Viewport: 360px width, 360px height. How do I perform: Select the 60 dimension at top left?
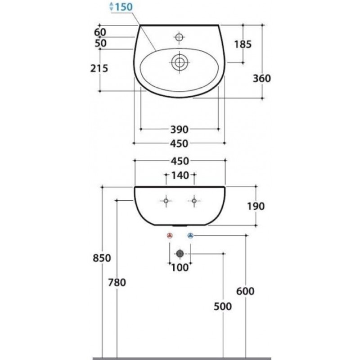[x=100, y=32]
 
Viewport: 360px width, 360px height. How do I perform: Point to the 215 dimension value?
[x=99, y=68]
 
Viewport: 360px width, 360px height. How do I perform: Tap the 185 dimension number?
[x=243, y=44]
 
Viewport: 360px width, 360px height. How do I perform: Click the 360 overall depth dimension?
[x=262, y=78]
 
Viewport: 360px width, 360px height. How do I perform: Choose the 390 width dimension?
[x=179, y=130]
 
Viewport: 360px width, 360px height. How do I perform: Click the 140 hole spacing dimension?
[x=180, y=175]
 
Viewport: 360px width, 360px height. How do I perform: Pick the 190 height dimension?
[x=256, y=206]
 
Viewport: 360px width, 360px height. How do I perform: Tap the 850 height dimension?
[x=102, y=258]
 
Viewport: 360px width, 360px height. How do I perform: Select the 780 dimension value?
[x=117, y=283]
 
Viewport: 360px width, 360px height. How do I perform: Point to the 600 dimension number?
[x=245, y=291]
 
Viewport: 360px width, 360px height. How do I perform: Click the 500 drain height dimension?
[x=223, y=306]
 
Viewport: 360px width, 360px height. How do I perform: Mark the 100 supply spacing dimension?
[x=180, y=267]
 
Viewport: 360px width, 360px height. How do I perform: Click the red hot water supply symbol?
[x=170, y=235]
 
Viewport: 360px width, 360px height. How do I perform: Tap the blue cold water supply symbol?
[x=190, y=235]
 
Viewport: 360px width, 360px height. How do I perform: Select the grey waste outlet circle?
[x=180, y=254]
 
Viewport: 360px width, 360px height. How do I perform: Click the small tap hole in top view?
[x=179, y=37]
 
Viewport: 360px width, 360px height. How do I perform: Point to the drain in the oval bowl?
[x=180, y=62]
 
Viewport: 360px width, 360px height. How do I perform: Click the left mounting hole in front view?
[x=166, y=201]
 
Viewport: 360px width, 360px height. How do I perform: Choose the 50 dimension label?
[x=100, y=43]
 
